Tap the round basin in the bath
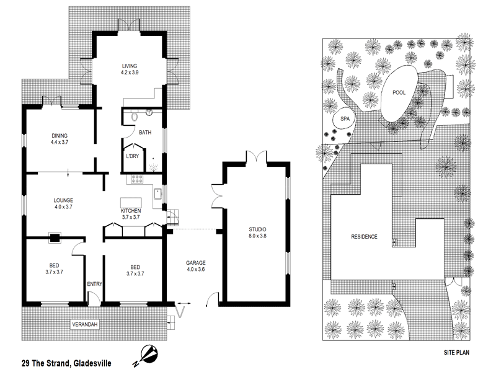tap(149, 113)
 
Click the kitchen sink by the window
tap(158, 193)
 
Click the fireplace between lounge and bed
tap(55, 236)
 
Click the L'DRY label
tap(132, 156)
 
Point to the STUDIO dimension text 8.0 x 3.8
tap(256, 236)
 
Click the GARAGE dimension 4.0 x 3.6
tap(195, 270)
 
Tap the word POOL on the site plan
tap(400, 92)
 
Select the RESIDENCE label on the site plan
tap(364, 236)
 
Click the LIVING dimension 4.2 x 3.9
tap(129, 73)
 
